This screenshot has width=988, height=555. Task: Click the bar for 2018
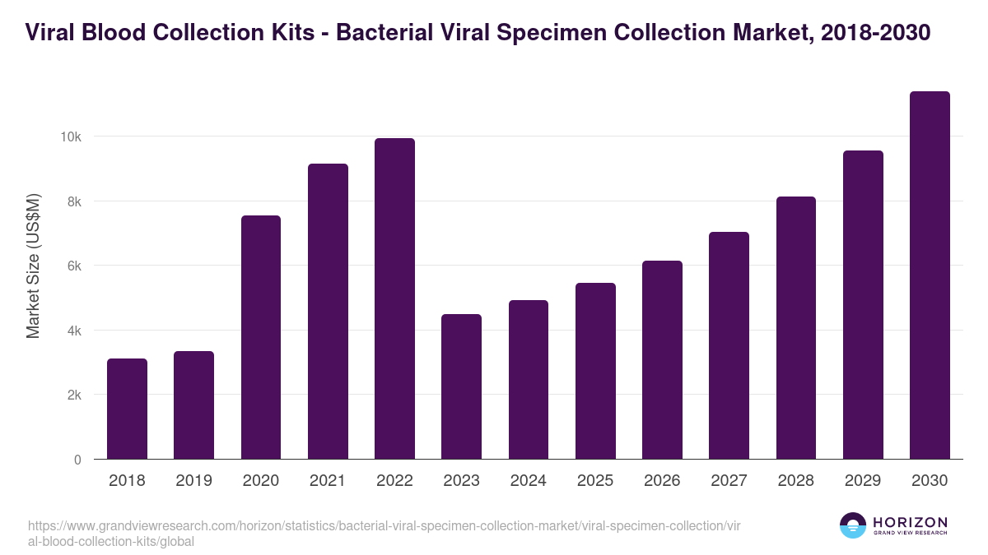[127, 409]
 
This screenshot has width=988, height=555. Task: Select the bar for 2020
[261, 337]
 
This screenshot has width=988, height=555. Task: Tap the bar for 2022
[394, 298]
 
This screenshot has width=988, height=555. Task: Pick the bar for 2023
[461, 386]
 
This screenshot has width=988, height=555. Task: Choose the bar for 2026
[662, 360]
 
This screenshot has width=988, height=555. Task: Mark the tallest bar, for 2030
[930, 275]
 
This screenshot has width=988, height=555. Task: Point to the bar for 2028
[795, 328]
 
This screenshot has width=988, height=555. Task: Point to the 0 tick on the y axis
[77, 460]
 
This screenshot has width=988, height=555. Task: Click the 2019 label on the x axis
[193, 481]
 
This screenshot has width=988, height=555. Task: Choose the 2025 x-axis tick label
[595, 481]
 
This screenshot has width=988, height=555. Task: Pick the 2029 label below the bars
[863, 481]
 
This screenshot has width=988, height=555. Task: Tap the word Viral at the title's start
[51, 32]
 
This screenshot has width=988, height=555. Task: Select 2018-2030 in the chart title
[875, 32]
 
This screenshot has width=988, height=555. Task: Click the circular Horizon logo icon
[853, 525]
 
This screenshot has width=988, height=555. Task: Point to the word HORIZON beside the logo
[910, 522]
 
